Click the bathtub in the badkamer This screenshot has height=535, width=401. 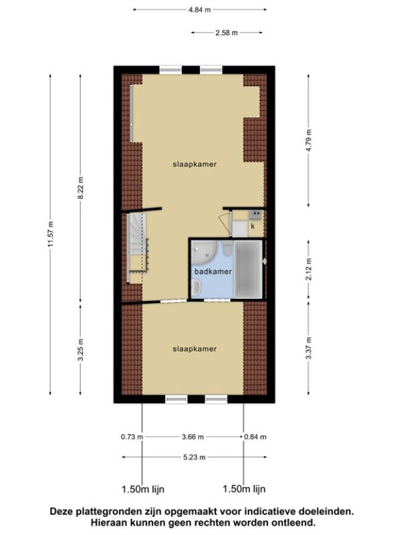point(248,270)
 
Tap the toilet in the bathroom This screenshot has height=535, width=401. point(227,249)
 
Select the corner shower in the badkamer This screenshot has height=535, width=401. point(204,252)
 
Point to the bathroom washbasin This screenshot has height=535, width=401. point(196,288)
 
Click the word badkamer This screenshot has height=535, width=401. point(213,272)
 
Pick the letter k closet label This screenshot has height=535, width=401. point(253,226)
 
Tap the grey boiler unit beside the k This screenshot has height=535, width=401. point(255,215)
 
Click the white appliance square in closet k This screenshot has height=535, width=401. point(240,229)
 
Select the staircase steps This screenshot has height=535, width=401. point(137,248)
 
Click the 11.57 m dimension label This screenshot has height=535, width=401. point(51,234)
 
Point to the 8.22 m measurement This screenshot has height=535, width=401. point(80,188)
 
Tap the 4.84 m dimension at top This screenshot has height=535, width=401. point(200,9)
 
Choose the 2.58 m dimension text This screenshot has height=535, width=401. point(227,33)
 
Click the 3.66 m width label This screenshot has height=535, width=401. point(193,437)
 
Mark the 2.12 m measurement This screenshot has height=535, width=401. point(308,270)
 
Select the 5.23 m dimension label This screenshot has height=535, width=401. point(194,457)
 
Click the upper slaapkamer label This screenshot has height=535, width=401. point(194,164)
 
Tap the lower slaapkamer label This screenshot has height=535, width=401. point(194,348)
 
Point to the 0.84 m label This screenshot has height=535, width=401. point(255,437)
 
